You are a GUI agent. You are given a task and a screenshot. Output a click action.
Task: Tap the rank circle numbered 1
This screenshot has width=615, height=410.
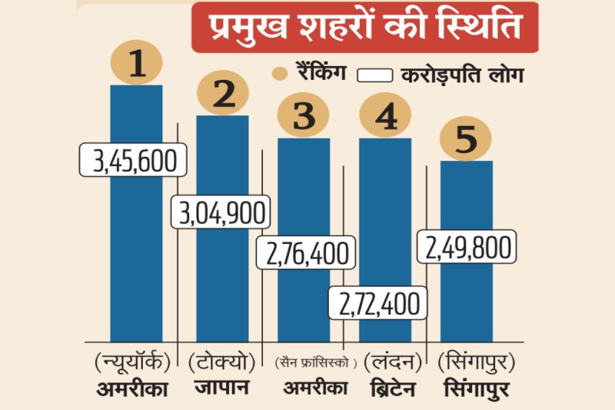pyautogui.click(x=137, y=64)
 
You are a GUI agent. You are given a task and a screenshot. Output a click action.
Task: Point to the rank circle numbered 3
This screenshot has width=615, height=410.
pyautogui.click(x=304, y=117)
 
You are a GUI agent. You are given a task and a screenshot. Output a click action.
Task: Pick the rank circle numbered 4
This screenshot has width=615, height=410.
pyautogui.click(x=385, y=117)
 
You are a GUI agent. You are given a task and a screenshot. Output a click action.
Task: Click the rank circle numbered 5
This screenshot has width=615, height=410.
pyautogui.click(x=466, y=140)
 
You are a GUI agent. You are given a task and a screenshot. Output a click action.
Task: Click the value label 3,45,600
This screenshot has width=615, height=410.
pyautogui.click(x=134, y=160)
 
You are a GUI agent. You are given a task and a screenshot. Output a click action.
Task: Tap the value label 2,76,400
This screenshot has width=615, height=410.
pyautogui.click(x=306, y=253)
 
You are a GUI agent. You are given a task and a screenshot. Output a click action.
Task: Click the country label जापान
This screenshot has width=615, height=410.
pyautogui.click(x=221, y=387)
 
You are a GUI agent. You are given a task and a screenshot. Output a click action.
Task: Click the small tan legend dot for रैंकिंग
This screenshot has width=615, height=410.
pyautogui.click(x=281, y=75)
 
